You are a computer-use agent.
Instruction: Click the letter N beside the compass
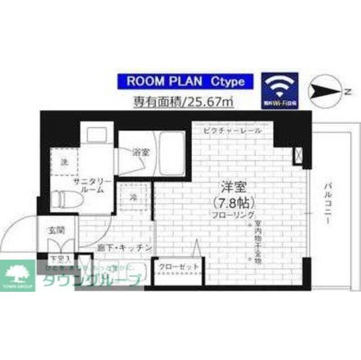click(349, 91)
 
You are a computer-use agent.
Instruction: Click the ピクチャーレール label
click(233, 131)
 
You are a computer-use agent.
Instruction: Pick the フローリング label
click(231, 216)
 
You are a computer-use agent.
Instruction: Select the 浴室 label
click(140, 152)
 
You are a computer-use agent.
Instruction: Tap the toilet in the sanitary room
click(63, 199)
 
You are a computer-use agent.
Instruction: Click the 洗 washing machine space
click(64, 163)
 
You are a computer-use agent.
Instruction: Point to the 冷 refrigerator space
click(134, 197)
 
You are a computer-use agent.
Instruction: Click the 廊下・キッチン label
click(130, 247)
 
